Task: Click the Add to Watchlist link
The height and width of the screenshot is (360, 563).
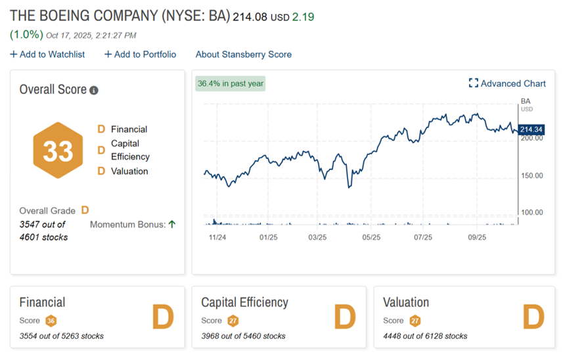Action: tap(47, 55)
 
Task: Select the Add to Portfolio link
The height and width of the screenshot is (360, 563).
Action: tap(140, 55)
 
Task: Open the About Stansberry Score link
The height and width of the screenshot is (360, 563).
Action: tap(243, 55)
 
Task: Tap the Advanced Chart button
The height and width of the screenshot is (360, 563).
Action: tap(507, 83)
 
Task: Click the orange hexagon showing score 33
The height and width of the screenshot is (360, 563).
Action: tap(58, 150)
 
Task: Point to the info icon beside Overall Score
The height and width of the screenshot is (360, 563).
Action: tap(94, 90)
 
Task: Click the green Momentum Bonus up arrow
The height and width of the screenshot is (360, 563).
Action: tap(172, 224)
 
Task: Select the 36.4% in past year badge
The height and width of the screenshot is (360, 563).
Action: tap(231, 83)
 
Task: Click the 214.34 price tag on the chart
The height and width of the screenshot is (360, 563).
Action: tap(531, 129)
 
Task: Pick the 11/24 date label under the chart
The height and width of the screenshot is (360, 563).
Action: tap(217, 237)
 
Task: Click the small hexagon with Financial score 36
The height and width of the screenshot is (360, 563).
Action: tap(51, 321)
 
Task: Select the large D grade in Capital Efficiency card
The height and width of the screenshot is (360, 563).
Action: tap(344, 317)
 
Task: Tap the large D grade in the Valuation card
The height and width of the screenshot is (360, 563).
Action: tap(533, 317)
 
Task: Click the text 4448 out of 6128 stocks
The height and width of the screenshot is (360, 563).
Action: tap(425, 336)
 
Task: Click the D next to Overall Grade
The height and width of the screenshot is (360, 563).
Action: tap(85, 211)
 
